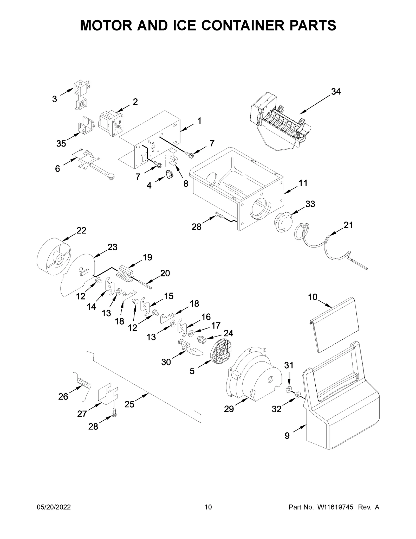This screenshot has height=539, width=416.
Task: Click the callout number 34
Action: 336,92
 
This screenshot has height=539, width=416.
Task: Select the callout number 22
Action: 81,231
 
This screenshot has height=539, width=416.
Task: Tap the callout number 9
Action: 287,436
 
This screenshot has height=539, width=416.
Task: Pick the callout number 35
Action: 61,143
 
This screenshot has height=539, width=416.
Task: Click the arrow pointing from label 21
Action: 336,232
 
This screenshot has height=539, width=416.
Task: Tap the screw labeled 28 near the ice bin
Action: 219,215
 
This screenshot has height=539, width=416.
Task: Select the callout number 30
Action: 166,362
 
